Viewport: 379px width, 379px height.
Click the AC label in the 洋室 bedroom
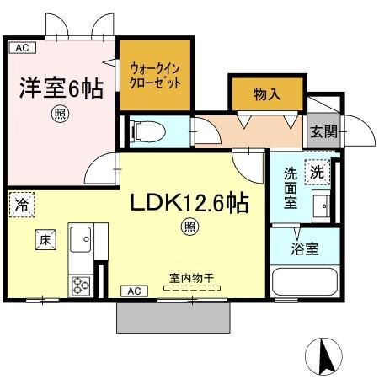[23, 48]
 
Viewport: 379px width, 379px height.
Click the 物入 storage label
[267, 94]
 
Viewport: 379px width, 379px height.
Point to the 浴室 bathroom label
[304, 248]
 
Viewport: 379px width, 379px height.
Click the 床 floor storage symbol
[45, 240]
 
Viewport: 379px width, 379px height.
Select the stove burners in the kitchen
[83, 285]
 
